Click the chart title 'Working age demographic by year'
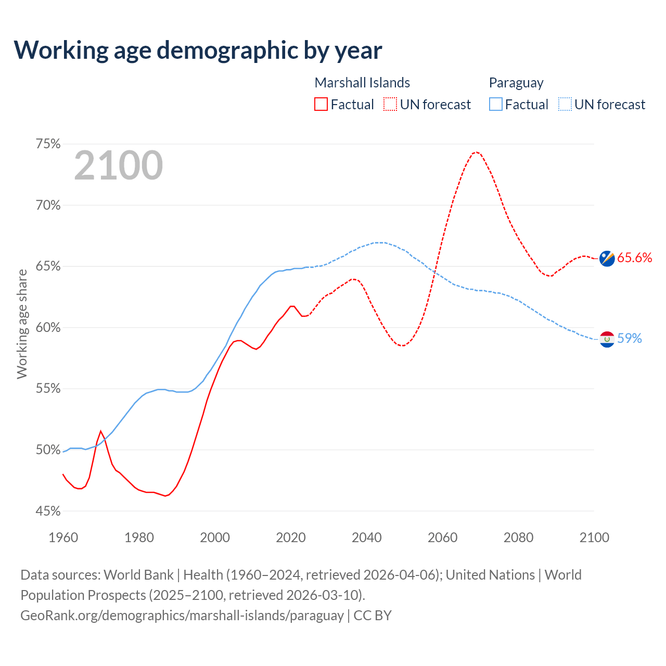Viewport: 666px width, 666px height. [198, 50]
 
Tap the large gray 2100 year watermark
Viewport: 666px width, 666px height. [119, 165]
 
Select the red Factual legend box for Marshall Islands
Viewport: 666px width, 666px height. [321, 105]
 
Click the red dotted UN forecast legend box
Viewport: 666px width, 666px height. [390, 105]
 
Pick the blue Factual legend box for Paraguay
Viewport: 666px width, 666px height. [495, 105]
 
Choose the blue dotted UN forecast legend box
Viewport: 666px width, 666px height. [565, 105]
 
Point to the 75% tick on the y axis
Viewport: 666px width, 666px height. [48, 144]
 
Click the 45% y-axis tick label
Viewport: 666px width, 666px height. [48, 511]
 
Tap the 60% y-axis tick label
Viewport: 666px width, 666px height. [48, 328]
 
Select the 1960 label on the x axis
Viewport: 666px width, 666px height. [63, 537]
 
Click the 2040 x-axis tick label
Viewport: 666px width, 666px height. [367, 537]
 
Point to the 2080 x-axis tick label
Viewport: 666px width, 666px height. [518, 537]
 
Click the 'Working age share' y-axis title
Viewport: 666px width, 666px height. [22, 324]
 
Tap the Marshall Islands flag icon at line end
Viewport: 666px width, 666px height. [607, 258]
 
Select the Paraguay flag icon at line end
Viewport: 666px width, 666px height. [607, 339]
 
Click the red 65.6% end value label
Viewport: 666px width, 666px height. [635, 258]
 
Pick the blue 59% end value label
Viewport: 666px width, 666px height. [630, 339]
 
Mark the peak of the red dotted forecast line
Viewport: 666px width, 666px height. [476, 152]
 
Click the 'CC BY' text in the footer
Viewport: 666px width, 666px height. [373, 616]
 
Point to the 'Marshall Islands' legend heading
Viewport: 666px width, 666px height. [362, 83]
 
